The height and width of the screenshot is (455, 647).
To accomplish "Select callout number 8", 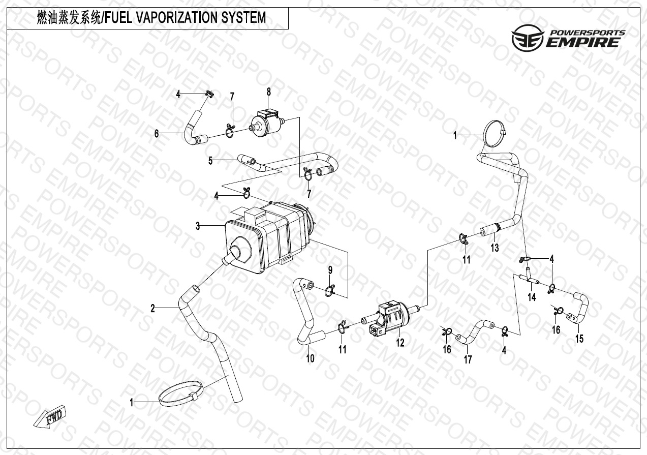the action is pos(269,92).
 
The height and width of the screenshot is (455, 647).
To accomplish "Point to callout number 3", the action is pos(198,226).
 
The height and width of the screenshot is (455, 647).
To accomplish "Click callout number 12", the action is pos(400,343).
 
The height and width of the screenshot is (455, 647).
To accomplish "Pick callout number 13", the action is pos(495,248).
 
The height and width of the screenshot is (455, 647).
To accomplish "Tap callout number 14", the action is pos(532,297).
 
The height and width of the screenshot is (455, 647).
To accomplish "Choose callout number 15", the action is pos(579,339).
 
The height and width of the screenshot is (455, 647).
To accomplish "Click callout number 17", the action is pos(468,359).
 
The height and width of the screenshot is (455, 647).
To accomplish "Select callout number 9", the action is pos(330,270).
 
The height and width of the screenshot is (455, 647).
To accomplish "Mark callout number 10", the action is pos(310,358).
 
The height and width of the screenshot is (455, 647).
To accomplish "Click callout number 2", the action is pos(153,309).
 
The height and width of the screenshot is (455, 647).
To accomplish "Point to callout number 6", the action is pos(157,134).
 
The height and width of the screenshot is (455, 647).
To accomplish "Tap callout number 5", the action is pos(210,161).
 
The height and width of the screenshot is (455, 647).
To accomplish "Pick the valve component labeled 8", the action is pos(267,122).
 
